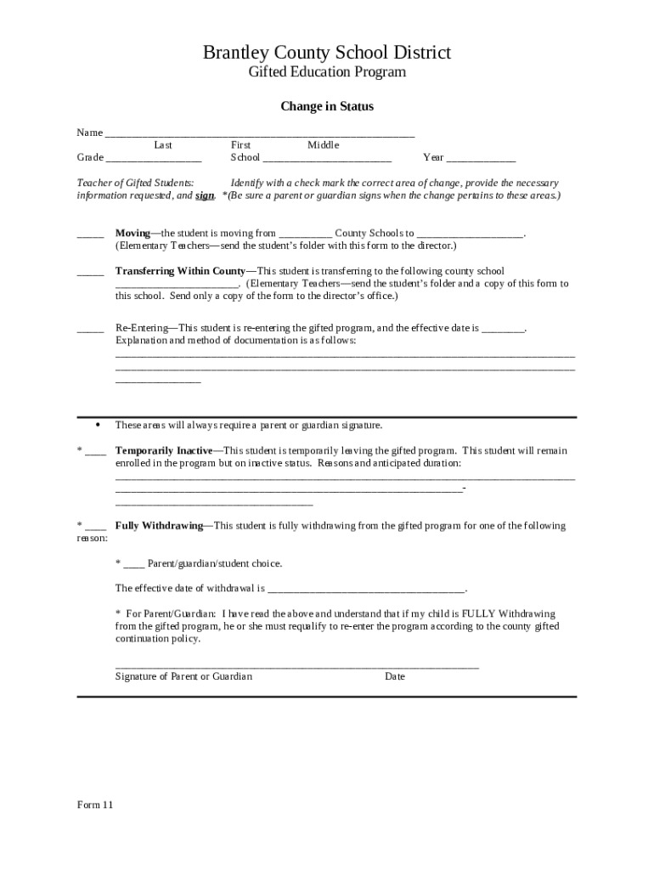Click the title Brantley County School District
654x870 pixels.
click(326, 53)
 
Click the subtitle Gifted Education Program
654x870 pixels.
click(326, 72)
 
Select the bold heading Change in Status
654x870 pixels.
click(327, 107)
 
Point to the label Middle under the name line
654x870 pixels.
click(323, 145)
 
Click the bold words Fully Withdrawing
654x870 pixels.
click(159, 526)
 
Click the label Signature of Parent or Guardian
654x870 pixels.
click(183, 676)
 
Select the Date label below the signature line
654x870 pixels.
click(394, 676)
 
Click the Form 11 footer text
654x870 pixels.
click(94, 805)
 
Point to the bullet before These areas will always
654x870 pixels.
click(99, 424)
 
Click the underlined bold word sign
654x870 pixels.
click(204, 195)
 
